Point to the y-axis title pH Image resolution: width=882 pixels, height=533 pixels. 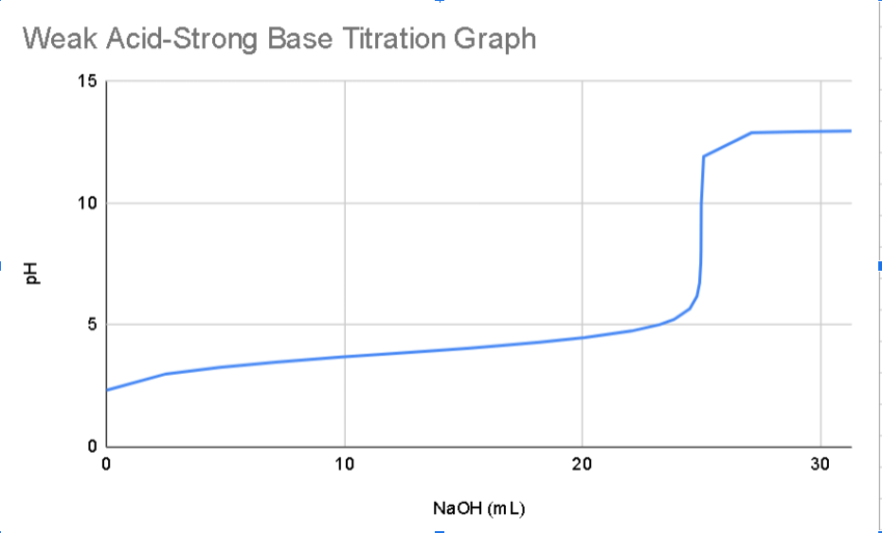click(x=32, y=274)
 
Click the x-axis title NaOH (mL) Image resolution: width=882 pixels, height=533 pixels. click(x=478, y=508)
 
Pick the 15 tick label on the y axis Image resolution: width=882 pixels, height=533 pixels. click(x=87, y=81)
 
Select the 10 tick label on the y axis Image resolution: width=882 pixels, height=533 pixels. click(x=87, y=204)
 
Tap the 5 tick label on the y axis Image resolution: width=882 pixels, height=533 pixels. click(x=92, y=325)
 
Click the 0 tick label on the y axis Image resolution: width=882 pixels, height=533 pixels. click(x=92, y=446)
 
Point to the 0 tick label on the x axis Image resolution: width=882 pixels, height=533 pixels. click(x=106, y=464)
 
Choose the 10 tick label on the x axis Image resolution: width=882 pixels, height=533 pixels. click(x=344, y=464)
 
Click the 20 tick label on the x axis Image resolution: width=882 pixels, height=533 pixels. click(x=582, y=464)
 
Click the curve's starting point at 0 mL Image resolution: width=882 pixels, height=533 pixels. click(x=107, y=389)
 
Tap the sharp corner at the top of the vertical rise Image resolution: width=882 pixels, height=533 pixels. click(x=703, y=156)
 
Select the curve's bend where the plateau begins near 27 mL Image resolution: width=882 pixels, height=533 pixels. click(x=752, y=133)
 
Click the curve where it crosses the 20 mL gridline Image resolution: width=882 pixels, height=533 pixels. click(x=582, y=338)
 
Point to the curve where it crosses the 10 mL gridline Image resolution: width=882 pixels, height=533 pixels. click(x=345, y=357)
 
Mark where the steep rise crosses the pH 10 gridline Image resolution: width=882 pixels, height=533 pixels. click(x=701, y=204)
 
